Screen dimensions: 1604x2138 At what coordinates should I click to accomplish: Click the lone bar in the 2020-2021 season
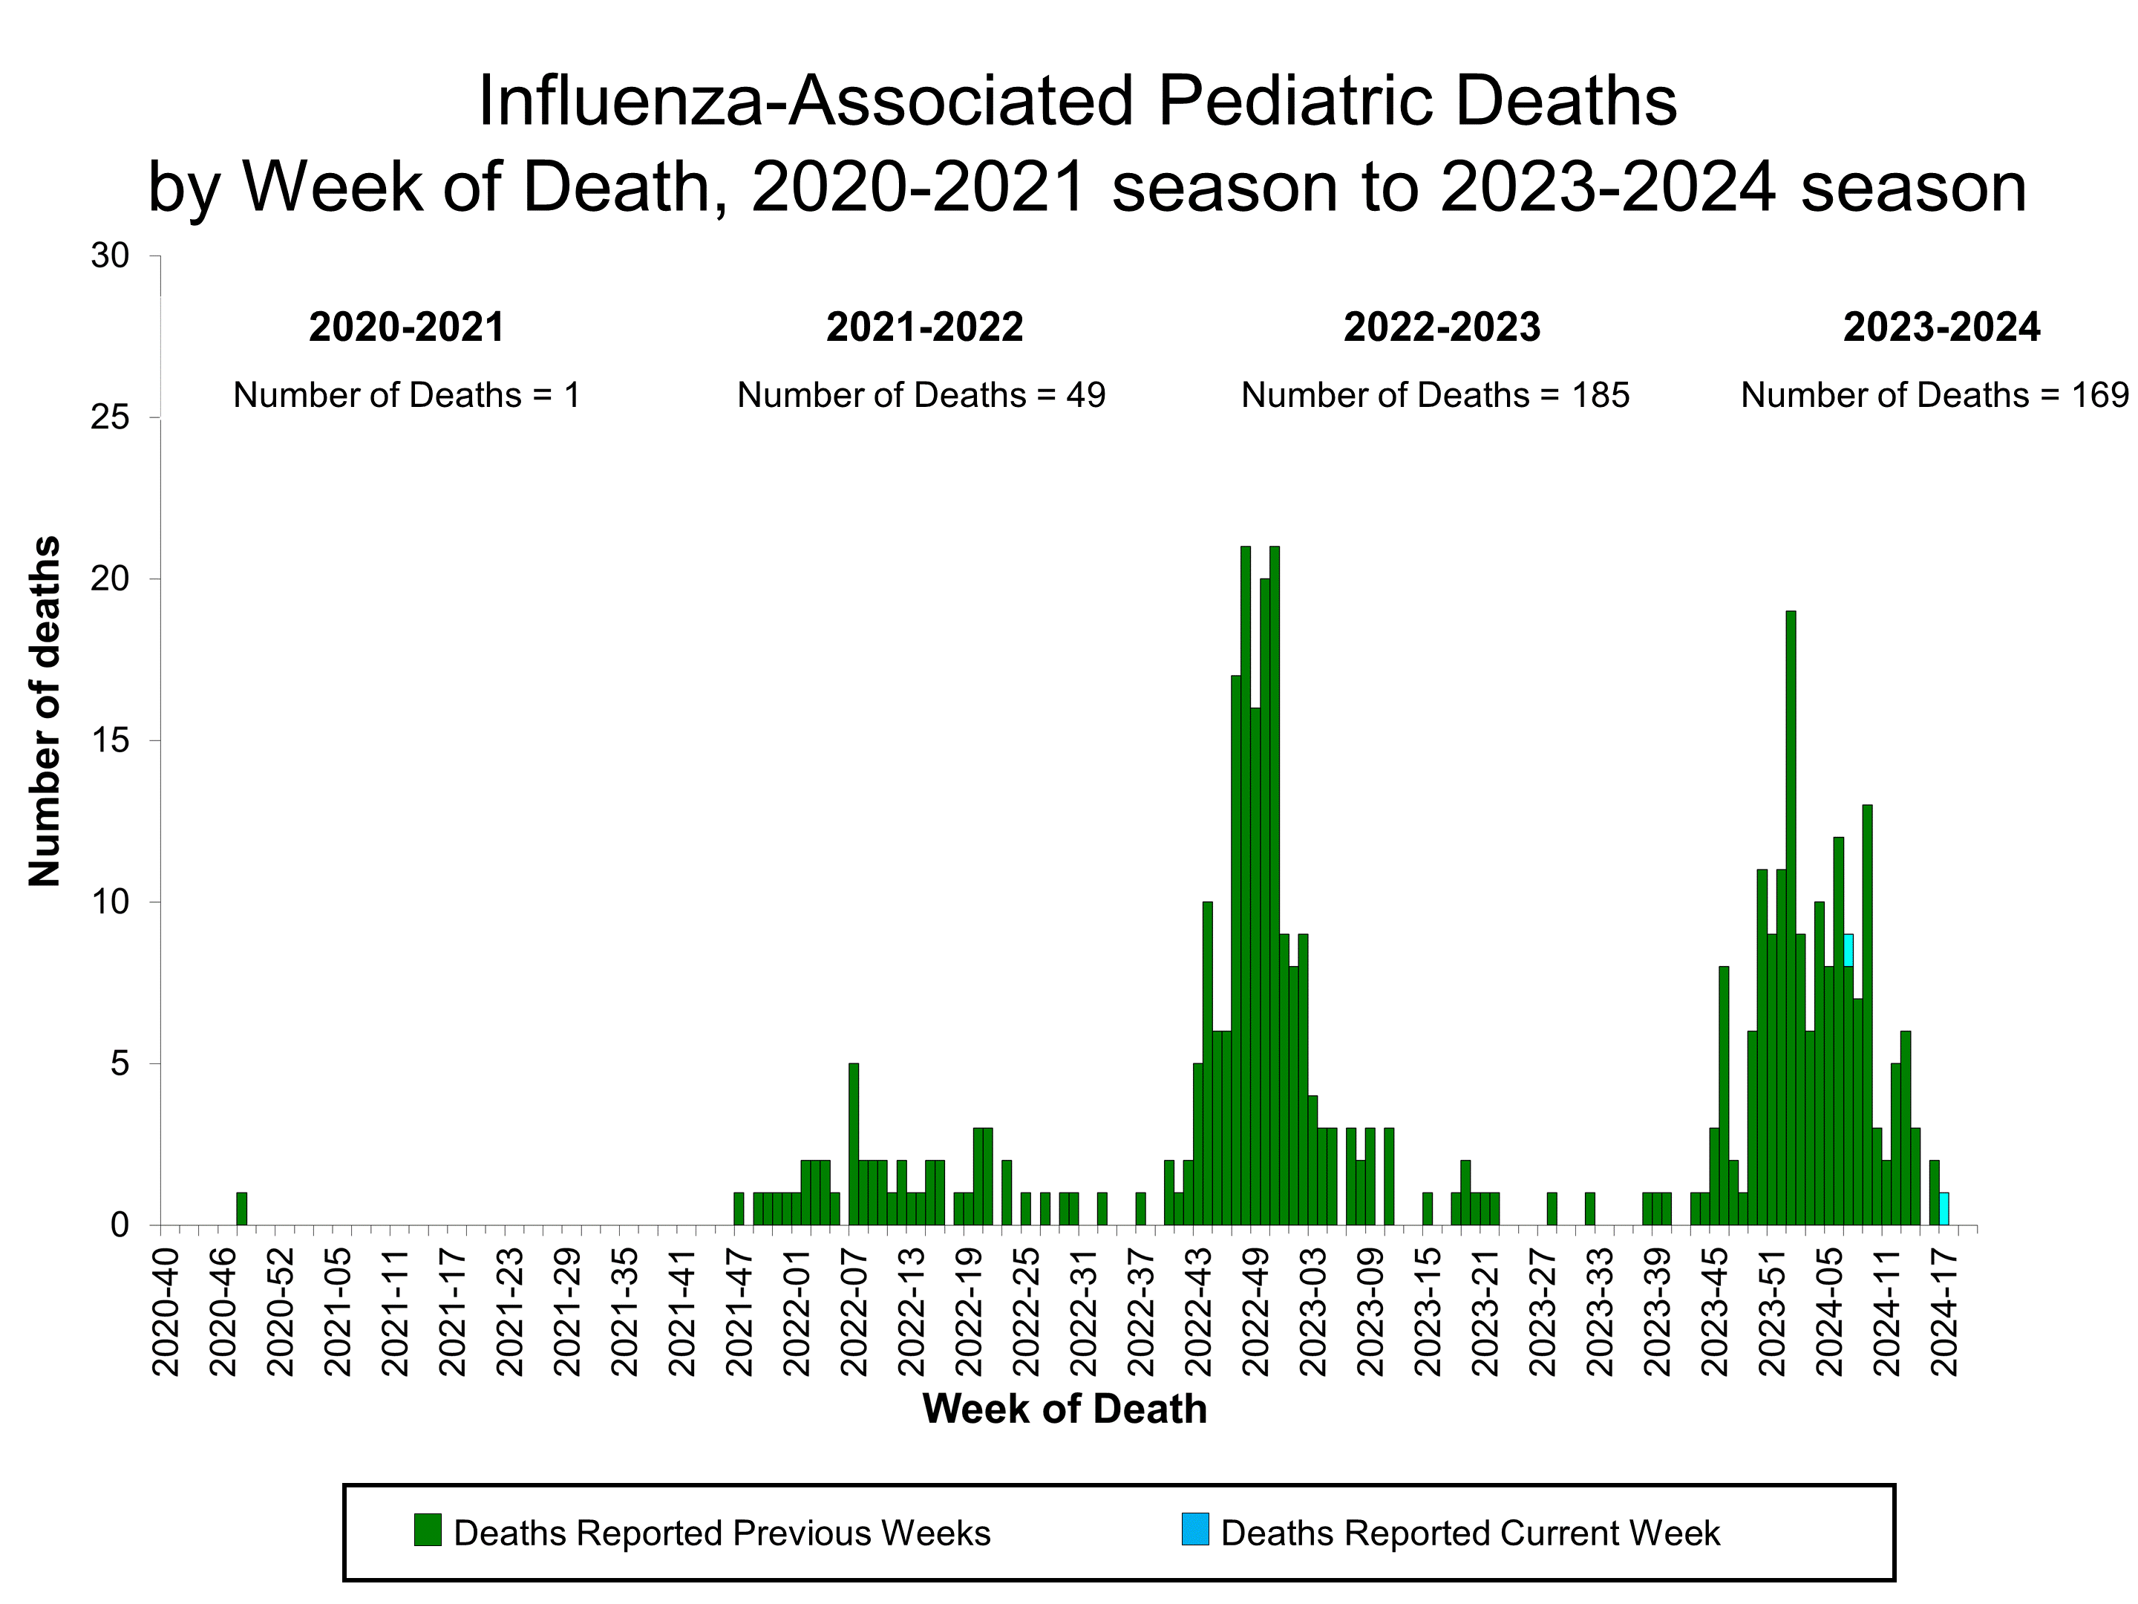pos(241,1208)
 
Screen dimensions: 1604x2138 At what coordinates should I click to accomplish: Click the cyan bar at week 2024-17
pos(1944,1208)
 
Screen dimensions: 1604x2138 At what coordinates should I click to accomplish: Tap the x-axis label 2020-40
pos(166,1312)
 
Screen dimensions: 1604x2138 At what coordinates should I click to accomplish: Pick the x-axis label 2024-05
pos(1830,1312)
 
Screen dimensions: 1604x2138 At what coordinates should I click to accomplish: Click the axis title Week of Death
pos(1064,1409)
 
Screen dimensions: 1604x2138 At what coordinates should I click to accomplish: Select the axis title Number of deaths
pos(45,711)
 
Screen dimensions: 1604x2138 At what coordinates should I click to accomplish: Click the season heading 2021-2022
pos(924,327)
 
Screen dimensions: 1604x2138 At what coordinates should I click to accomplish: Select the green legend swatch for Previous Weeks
pos(427,1530)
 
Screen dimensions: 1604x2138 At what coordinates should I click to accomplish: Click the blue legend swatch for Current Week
pos(1194,1530)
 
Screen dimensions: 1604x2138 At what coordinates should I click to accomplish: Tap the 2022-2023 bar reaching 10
pos(1207,1063)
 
